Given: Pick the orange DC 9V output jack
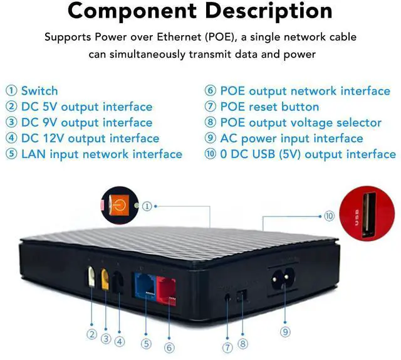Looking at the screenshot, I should click(105, 278).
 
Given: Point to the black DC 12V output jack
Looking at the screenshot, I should click(118, 282).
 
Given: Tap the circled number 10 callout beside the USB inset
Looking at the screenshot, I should click(329, 216).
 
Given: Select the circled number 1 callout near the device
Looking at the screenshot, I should click(147, 205).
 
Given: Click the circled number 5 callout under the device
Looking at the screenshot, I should click(145, 344).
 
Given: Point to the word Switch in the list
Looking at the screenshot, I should click(39, 91).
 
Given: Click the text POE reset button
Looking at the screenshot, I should click(269, 107).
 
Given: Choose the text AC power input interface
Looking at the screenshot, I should click(291, 138).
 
